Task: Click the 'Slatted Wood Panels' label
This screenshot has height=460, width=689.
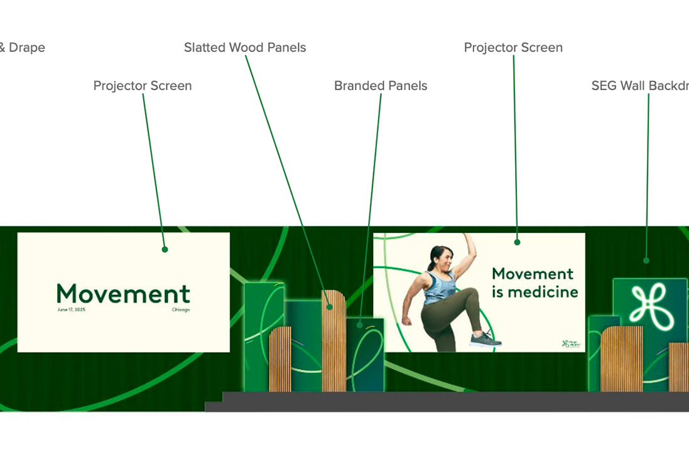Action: (x=245, y=48)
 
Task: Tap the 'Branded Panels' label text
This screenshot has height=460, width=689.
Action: (x=381, y=86)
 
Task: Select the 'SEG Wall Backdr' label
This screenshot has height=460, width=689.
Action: (x=640, y=86)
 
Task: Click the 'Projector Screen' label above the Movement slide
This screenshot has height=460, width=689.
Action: (x=143, y=86)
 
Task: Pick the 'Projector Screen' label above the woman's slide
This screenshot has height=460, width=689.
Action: (x=513, y=48)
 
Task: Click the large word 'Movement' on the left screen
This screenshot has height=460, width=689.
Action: (x=123, y=293)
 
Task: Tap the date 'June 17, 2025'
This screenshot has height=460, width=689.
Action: (x=70, y=309)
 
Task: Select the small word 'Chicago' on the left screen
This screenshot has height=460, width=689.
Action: (x=181, y=309)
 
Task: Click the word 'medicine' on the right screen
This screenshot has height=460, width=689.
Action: (x=543, y=292)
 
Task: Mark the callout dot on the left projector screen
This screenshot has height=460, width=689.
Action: (x=165, y=249)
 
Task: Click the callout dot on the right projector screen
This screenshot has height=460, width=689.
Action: (x=518, y=242)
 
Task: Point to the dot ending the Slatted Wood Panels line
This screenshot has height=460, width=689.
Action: (x=330, y=307)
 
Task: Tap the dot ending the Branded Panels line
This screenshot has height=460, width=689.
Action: (x=360, y=325)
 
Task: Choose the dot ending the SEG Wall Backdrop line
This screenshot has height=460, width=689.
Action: (x=646, y=260)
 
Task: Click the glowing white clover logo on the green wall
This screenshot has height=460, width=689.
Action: (x=649, y=304)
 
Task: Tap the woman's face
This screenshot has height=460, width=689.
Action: (x=441, y=259)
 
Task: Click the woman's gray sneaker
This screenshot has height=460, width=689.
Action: (x=486, y=340)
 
